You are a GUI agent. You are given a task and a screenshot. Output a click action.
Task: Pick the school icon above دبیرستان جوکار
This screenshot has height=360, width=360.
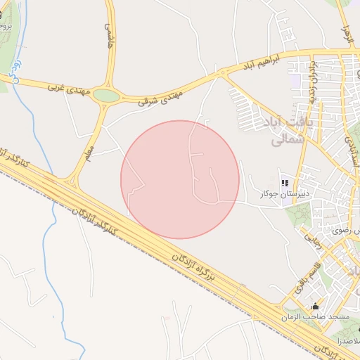tap(285, 181)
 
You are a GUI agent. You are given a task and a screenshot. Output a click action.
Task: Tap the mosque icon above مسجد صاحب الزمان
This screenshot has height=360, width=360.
tap(315, 307)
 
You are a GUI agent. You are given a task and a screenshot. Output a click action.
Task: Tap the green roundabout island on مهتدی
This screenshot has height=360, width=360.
tap(106, 95)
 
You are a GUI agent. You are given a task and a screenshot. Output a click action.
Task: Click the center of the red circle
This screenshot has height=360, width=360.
tap(180, 179)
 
